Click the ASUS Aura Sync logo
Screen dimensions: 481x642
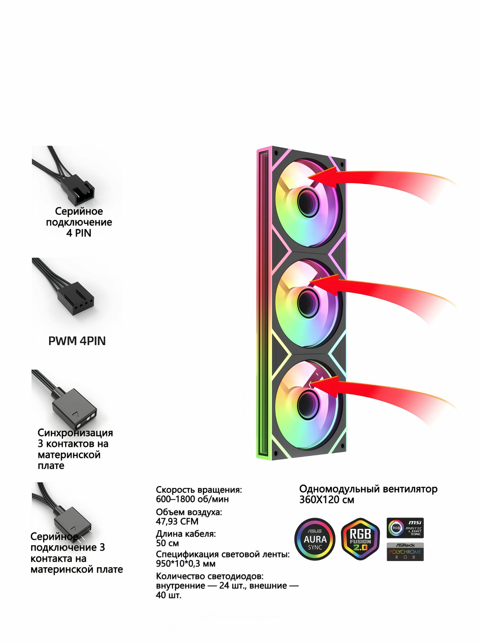(x=315, y=539)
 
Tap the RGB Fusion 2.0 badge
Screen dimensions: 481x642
(x=360, y=539)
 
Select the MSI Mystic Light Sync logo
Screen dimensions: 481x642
(x=405, y=528)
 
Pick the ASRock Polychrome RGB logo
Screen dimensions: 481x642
(x=405, y=551)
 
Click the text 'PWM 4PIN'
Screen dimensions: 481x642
(x=77, y=341)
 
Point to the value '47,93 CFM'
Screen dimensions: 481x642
(x=177, y=521)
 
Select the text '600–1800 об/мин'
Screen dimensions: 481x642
(x=192, y=499)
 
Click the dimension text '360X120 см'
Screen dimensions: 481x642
(x=327, y=500)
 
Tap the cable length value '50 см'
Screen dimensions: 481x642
(x=167, y=543)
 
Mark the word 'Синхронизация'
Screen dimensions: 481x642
(x=75, y=433)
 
